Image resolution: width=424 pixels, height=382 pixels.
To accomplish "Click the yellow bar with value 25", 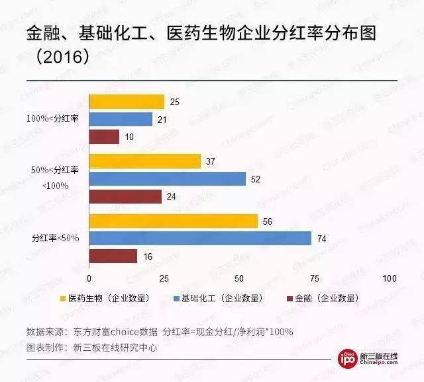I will click(127, 102).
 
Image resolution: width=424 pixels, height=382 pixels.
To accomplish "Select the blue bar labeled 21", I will click(121, 120).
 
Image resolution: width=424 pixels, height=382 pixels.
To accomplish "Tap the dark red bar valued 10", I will click(104, 137).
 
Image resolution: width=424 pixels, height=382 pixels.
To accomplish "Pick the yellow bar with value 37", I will click(144, 161).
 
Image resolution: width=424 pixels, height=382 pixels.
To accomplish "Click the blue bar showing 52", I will click(167, 179).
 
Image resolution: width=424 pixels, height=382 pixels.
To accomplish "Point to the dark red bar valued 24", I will click(125, 197).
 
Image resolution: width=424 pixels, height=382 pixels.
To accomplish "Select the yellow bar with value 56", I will click(173, 221).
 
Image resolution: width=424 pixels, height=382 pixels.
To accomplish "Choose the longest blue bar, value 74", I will click(200, 239).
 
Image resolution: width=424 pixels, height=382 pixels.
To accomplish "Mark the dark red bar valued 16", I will click(113, 256).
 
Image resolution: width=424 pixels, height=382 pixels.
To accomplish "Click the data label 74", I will click(322, 239).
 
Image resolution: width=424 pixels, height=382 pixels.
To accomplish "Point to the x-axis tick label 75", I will click(315, 278).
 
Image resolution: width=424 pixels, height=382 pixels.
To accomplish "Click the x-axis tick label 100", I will click(390, 278).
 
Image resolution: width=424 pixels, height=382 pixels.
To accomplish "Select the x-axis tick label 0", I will click(89, 278).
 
